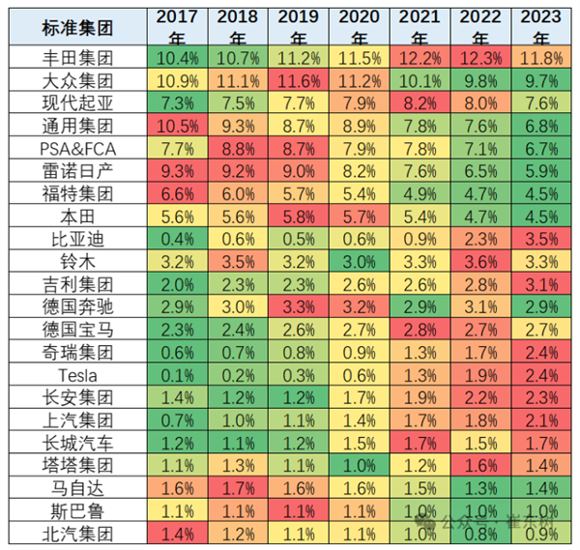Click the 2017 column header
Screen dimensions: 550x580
click(x=177, y=27)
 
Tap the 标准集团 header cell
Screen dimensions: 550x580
click(x=77, y=27)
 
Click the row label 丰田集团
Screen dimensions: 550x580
click(x=77, y=59)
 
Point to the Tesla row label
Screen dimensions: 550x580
click(x=77, y=374)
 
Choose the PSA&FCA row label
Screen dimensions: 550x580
click(x=77, y=148)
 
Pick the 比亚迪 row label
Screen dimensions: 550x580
click(x=77, y=239)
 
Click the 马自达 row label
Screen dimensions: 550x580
click(x=77, y=486)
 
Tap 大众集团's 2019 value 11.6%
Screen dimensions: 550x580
click(x=299, y=81)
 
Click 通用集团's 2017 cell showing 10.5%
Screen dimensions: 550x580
click(x=177, y=126)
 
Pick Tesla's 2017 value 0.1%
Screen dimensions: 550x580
click(x=177, y=374)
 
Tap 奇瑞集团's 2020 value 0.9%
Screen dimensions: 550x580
click(x=360, y=352)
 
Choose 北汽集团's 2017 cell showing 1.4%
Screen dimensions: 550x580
click(x=177, y=532)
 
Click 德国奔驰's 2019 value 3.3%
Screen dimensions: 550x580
click(x=299, y=306)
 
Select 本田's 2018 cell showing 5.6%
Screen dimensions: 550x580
click(x=238, y=217)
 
